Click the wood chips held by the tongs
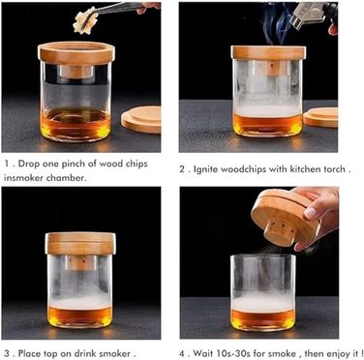[x=85, y=20]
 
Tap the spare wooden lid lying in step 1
[x=141, y=119]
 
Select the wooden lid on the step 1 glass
[x=76, y=53]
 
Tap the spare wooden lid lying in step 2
[x=320, y=117]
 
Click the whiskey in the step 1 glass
[x=76, y=124]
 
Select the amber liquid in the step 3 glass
[x=79, y=315]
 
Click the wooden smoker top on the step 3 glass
[x=80, y=243]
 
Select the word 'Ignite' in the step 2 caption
[x=206, y=169]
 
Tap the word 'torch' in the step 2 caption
[x=334, y=168]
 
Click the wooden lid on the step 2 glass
[x=268, y=52]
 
